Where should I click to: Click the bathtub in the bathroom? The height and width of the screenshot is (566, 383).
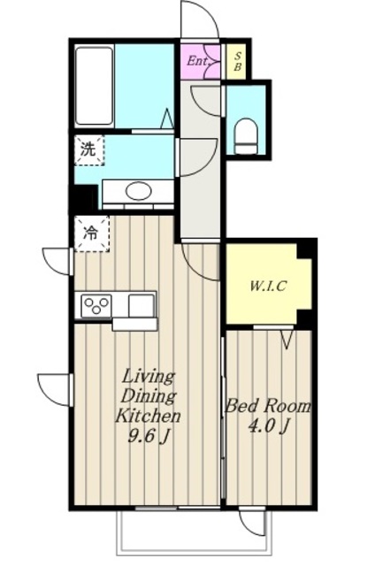95,87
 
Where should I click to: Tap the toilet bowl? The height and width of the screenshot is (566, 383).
247,136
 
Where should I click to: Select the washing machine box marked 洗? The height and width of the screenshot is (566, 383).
89,149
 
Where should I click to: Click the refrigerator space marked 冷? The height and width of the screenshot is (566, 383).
92,233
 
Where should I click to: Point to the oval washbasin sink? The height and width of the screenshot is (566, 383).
138,190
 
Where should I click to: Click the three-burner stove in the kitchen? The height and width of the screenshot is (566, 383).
96,306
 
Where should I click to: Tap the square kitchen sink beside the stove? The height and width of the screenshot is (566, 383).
142,305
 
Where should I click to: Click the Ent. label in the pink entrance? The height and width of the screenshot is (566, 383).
198,61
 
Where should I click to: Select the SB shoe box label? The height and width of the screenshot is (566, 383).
238,61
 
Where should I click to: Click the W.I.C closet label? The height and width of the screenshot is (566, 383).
268,287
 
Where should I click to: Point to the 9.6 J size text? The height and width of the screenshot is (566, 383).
149,437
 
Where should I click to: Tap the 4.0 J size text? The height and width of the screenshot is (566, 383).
269,426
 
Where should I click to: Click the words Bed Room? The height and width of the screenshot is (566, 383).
267,407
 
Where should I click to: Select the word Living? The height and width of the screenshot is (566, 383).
148,378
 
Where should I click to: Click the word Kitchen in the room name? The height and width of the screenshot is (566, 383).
148,417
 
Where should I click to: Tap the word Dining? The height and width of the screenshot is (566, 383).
148,396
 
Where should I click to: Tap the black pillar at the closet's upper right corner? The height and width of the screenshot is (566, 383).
306,249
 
